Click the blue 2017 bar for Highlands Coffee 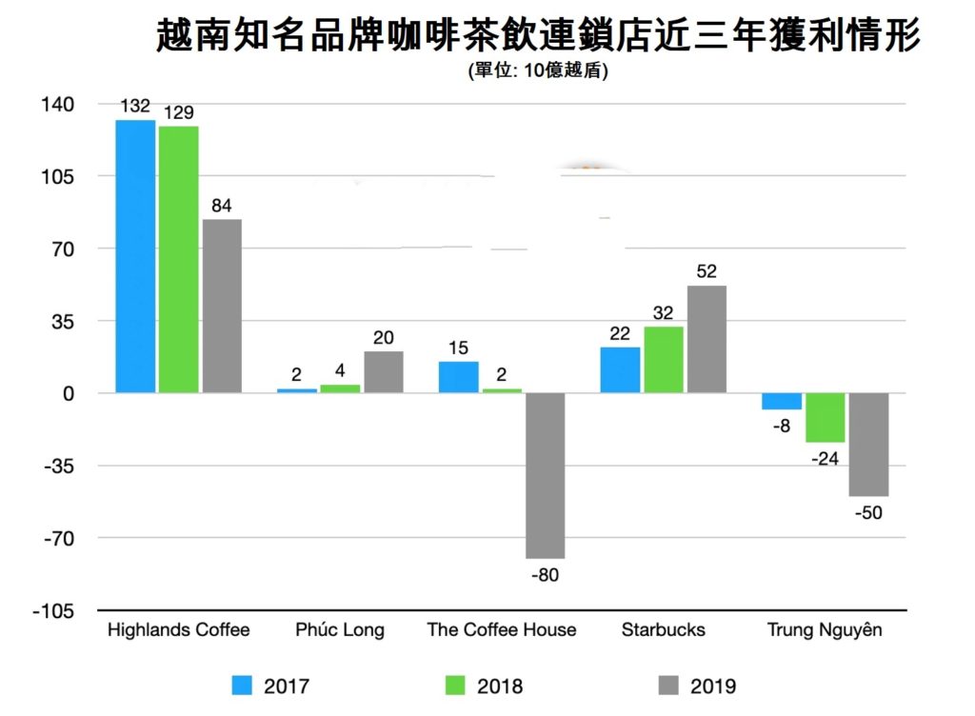click(135, 256)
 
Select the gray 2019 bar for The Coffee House click(545, 475)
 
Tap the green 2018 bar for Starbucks click(664, 359)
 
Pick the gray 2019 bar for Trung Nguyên click(868, 444)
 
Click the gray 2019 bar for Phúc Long click(384, 371)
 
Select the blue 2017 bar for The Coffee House click(459, 377)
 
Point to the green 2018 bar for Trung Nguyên click(826, 417)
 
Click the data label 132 click(135, 106)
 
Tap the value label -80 click(546, 574)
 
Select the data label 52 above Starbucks click(706, 271)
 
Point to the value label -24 click(825, 458)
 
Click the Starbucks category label click(664, 630)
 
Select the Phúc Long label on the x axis click(340, 630)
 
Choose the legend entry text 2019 click(713, 686)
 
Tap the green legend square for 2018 click(455, 685)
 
